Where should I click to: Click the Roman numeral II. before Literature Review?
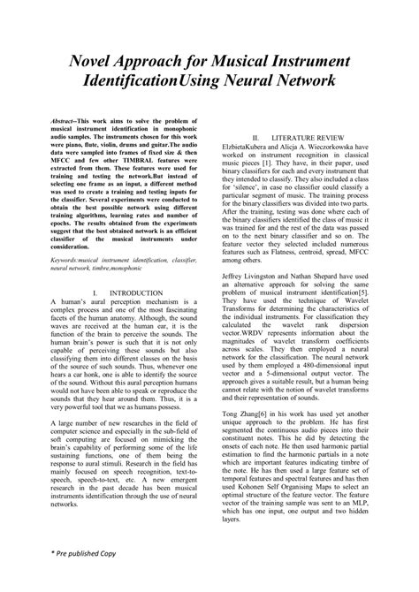pos(256,139)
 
